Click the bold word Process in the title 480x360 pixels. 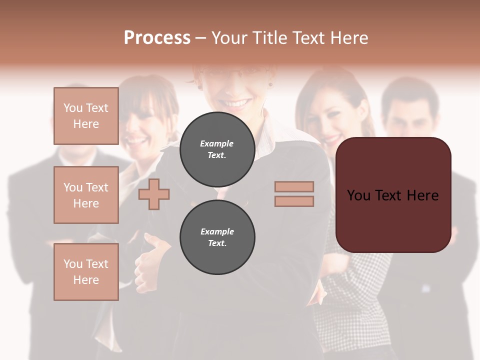(157, 38)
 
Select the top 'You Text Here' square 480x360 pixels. (86, 116)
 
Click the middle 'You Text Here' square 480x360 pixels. (86, 195)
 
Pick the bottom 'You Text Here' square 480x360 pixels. (86, 272)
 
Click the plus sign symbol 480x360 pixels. (154, 194)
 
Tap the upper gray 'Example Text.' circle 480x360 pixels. (217, 149)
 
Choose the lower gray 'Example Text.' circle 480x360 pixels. (217, 237)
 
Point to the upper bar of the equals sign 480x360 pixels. (294, 186)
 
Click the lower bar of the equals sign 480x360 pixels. (294, 201)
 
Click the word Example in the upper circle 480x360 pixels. (217, 143)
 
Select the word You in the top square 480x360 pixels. (73, 108)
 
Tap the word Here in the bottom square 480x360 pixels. (86, 280)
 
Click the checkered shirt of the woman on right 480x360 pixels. (350, 290)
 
